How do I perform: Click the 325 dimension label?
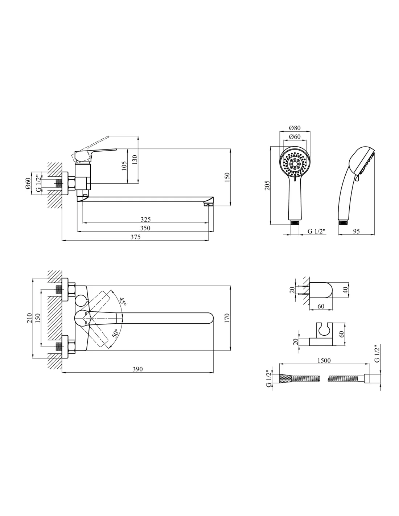pyautogui.click(x=145, y=219)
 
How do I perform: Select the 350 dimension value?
pyautogui.click(x=145, y=228)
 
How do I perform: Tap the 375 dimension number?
pyautogui.click(x=135, y=237)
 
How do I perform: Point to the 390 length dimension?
pyautogui.click(x=138, y=369)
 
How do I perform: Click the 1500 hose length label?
pyautogui.click(x=324, y=360)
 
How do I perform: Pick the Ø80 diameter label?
pyautogui.click(x=295, y=128)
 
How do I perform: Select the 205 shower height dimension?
pyautogui.click(x=267, y=185)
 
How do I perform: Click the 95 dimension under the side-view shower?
pyautogui.click(x=356, y=231)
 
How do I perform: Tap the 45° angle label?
pyautogui.click(x=123, y=302)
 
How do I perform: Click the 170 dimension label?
pyautogui.click(x=227, y=318)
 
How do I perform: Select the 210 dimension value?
pyautogui.click(x=29, y=318)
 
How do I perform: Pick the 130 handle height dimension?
pyautogui.click(x=135, y=160)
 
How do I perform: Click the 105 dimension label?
pyautogui.click(x=124, y=166)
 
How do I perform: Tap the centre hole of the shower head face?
pyautogui.click(x=295, y=164)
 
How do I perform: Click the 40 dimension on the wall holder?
pyautogui.click(x=345, y=290)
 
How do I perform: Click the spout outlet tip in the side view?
pyautogui.click(x=208, y=205)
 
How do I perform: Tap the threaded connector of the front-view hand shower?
pyautogui.click(x=295, y=222)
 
